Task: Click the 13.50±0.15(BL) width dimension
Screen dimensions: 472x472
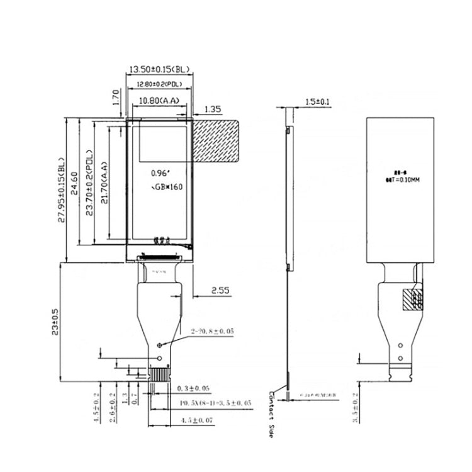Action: (159, 69)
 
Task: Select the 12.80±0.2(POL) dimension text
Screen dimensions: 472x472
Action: (159, 84)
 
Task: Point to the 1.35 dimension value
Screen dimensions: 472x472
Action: (213, 109)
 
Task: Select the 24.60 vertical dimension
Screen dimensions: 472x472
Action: (74, 183)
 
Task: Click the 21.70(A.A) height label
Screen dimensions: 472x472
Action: (104, 183)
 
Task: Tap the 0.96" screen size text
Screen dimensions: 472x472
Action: (160, 171)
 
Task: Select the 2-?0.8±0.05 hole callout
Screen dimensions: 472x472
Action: (212, 330)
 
